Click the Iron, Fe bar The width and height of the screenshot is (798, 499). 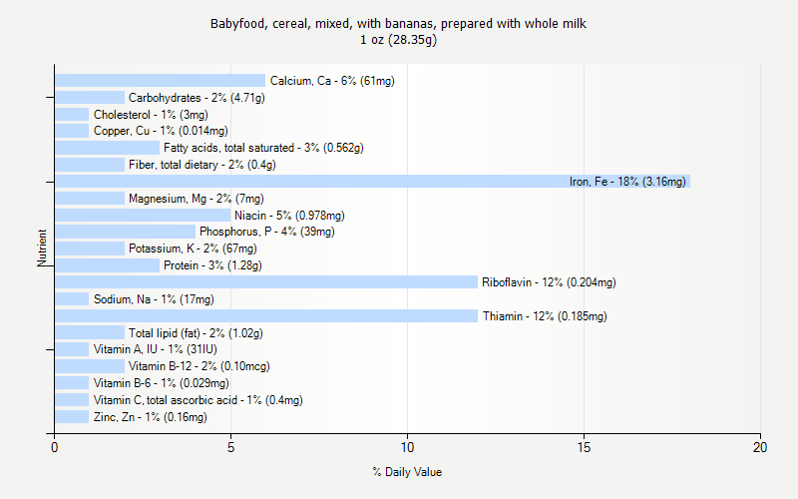371,182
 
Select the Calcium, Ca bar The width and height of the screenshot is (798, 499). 160,81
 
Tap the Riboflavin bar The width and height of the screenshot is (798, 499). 265,282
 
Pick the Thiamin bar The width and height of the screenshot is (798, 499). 265,316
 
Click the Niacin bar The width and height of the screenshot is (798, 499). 143,216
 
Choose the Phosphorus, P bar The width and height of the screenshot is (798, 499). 125,232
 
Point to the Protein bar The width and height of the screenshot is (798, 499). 107,265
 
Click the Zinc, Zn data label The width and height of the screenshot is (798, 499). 150,417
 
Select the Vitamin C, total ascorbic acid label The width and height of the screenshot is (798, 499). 198,400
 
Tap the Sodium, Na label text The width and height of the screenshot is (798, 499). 154,299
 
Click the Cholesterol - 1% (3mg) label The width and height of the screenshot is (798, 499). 151,115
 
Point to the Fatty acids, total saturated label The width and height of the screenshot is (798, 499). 263,148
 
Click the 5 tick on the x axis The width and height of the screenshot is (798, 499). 230,448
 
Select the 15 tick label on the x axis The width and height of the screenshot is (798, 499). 584,448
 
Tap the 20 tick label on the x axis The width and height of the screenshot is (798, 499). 760,448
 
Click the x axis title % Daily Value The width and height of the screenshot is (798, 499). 407,472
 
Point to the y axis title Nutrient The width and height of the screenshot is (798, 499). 43,249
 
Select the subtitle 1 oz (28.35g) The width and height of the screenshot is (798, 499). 399,40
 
